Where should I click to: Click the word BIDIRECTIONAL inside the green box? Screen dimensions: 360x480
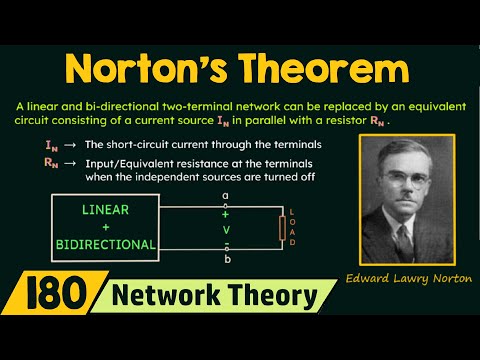pyautogui.click(x=105, y=244)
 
